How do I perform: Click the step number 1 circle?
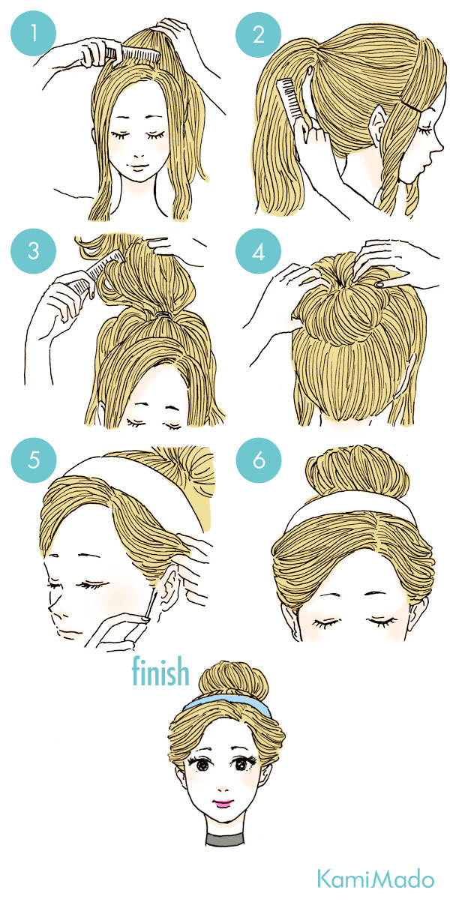(33, 33)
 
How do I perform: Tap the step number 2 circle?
(258, 34)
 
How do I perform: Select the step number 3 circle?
(33, 251)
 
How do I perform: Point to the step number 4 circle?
(258, 251)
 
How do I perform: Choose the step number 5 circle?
(34, 460)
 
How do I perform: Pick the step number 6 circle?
(259, 460)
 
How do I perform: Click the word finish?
(160, 671)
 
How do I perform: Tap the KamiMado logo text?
(376, 879)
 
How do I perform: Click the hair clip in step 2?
(412, 106)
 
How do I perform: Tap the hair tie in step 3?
(165, 315)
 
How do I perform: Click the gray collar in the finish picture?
(225, 840)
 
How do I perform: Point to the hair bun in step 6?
(357, 470)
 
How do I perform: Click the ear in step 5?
(169, 588)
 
